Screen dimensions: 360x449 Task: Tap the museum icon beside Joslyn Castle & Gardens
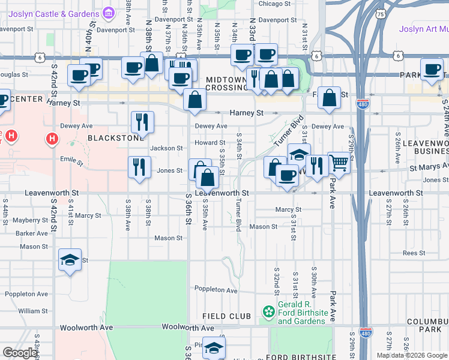[108, 13]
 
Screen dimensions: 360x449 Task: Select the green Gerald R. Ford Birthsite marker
[269, 311]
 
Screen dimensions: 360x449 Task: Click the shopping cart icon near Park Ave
[339, 162]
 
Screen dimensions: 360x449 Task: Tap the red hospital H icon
[52, 139]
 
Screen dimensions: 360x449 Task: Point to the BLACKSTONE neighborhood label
[116, 137]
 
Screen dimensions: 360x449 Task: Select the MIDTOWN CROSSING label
[226, 83]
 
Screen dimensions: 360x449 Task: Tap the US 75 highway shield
[379, 13]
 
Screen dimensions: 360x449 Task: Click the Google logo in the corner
[20, 353]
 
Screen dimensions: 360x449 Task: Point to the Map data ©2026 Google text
[411, 355]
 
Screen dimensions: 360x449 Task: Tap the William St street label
[32, 311]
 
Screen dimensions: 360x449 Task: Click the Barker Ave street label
[32, 233]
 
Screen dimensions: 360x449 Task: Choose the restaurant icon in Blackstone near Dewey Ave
[142, 122]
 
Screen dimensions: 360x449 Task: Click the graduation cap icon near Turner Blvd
[298, 154]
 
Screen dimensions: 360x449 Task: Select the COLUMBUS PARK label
[427, 326]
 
